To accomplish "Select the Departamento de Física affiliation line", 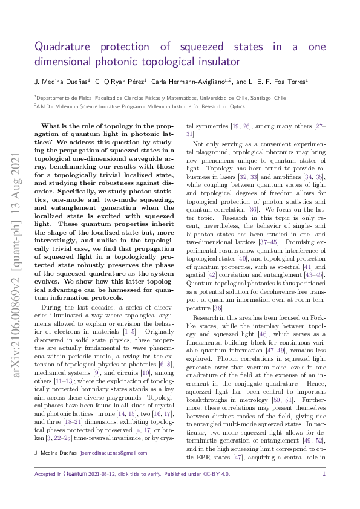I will pos(161,97).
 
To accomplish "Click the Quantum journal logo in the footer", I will pos(77,474).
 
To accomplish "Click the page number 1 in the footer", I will pos(324,474).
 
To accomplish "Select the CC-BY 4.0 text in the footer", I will pos(217,474).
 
